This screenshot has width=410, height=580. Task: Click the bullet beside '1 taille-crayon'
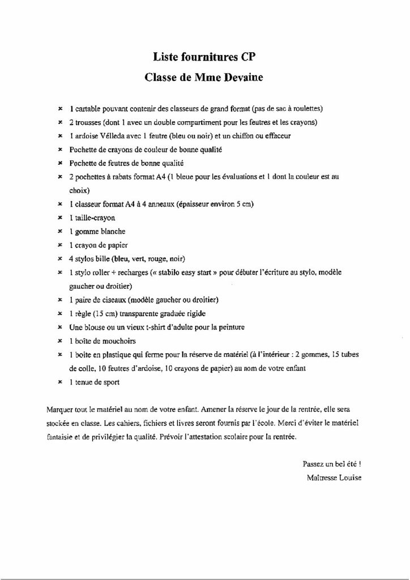(x=60, y=217)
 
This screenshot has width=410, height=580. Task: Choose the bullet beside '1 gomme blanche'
(x=60, y=231)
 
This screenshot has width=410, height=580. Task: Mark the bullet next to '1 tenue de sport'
(x=60, y=382)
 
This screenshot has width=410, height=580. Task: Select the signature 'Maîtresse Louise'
(x=334, y=477)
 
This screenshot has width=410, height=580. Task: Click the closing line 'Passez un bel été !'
(x=332, y=463)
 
